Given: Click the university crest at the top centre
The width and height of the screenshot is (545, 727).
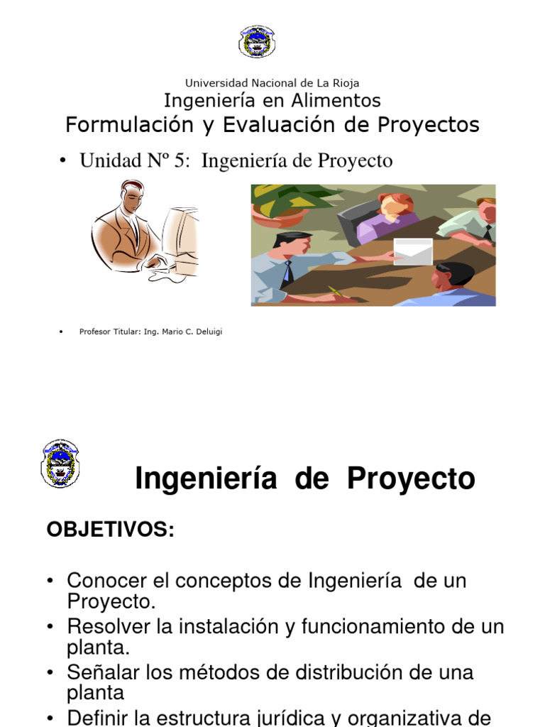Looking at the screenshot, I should (x=257, y=41).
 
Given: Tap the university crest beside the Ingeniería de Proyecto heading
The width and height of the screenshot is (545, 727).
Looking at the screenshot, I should (x=60, y=464).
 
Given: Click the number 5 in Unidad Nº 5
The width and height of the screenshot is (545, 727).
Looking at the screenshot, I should (x=177, y=161).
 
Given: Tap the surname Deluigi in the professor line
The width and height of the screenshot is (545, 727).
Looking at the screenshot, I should (x=206, y=332).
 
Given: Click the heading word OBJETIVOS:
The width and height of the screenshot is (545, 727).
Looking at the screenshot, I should (x=110, y=529).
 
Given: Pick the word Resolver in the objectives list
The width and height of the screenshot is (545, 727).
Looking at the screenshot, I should (x=109, y=627).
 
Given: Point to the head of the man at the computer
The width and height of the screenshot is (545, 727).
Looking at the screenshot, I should (x=132, y=196).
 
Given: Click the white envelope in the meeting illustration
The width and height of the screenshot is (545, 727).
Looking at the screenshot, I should (x=413, y=251).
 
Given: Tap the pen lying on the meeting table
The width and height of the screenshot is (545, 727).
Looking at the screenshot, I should (x=336, y=290).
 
